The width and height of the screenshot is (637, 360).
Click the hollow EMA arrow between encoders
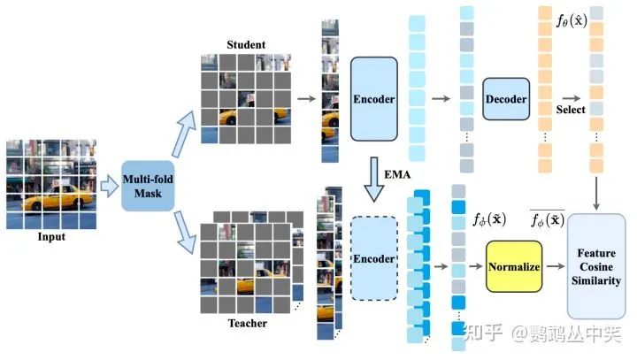pos(372,177)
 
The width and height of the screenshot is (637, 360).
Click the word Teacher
pos(246,324)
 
